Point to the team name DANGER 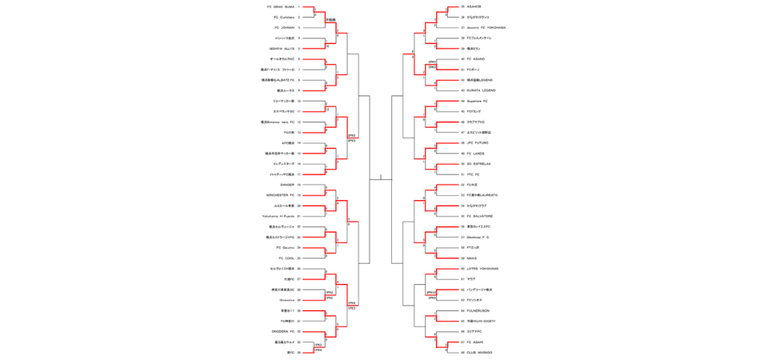click(287, 184)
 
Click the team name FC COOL click(286, 258)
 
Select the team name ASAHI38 click(474, 6)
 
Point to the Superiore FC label click(478, 101)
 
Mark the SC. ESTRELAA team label click(480, 163)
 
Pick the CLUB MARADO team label click(479, 352)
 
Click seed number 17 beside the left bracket click(299, 174)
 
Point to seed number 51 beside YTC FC click(462, 174)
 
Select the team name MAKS click(472, 258)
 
